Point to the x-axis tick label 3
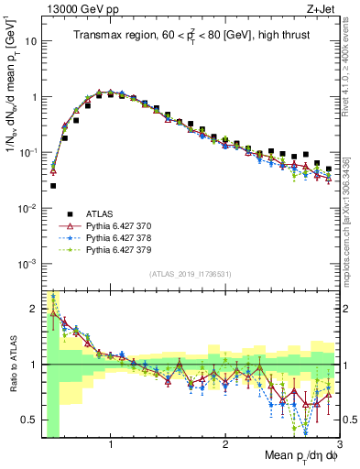click(340, 444)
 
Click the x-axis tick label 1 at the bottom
click(111, 444)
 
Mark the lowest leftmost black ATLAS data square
click(52, 186)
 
